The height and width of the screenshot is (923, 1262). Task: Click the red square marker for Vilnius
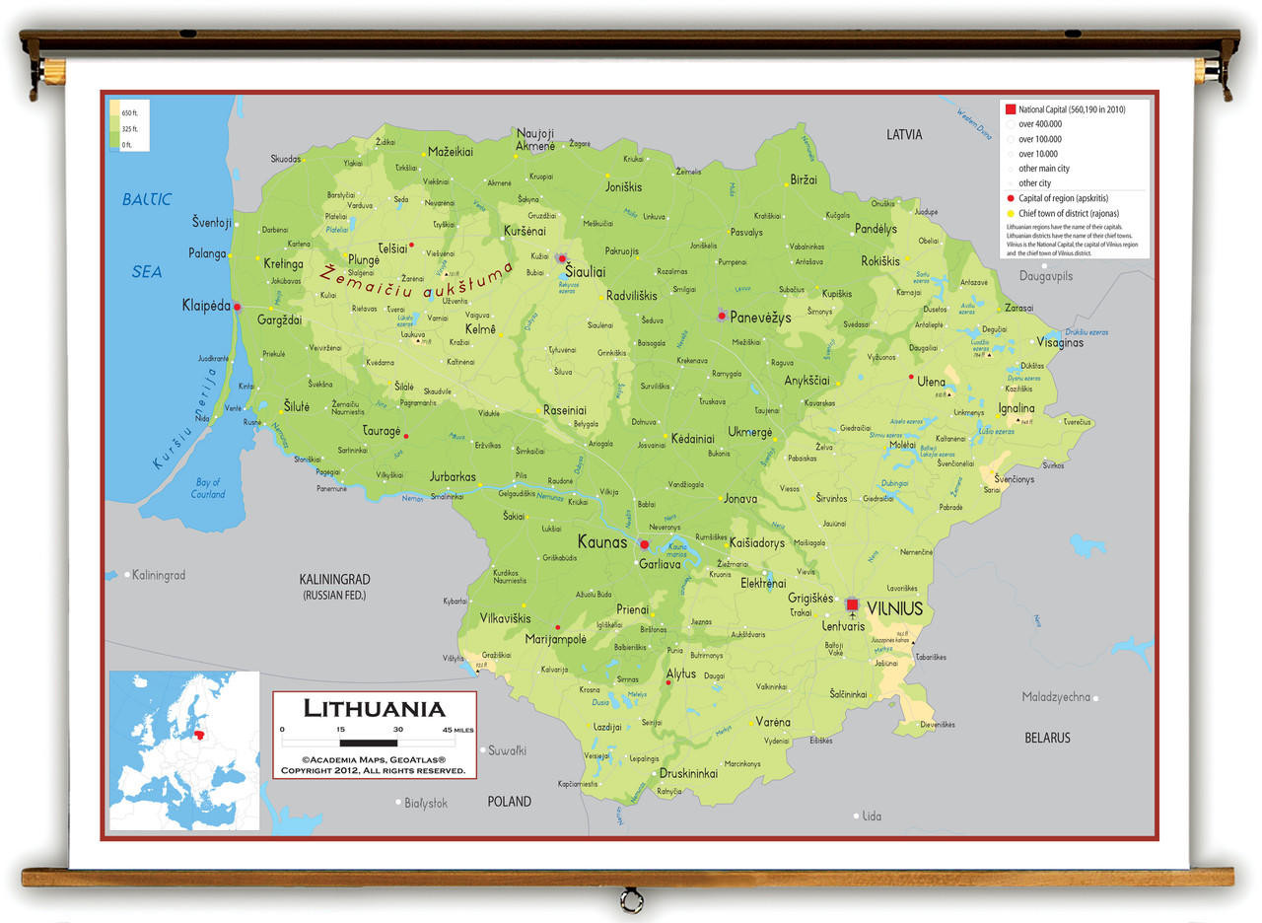[852, 604]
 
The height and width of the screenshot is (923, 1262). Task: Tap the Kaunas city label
[601, 542]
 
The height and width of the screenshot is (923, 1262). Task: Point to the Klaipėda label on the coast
[205, 305]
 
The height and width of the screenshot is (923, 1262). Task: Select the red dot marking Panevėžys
[722, 316]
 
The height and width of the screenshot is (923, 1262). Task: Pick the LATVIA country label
[903, 134]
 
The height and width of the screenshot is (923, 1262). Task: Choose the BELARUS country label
[1046, 738]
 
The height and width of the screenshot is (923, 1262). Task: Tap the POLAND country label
[509, 802]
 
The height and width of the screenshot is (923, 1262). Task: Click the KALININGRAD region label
[334, 580]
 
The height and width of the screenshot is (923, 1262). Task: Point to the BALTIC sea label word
[147, 199]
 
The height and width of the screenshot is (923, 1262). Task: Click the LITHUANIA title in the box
[374, 708]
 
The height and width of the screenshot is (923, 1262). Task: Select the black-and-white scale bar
[370, 741]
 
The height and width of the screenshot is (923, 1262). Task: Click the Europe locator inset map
[184, 750]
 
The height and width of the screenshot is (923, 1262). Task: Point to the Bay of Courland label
[208, 488]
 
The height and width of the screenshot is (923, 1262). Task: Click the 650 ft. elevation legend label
[129, 112]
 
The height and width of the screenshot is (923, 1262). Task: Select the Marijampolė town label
[555, 639]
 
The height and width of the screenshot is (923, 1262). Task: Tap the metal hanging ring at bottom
[631, 899]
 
